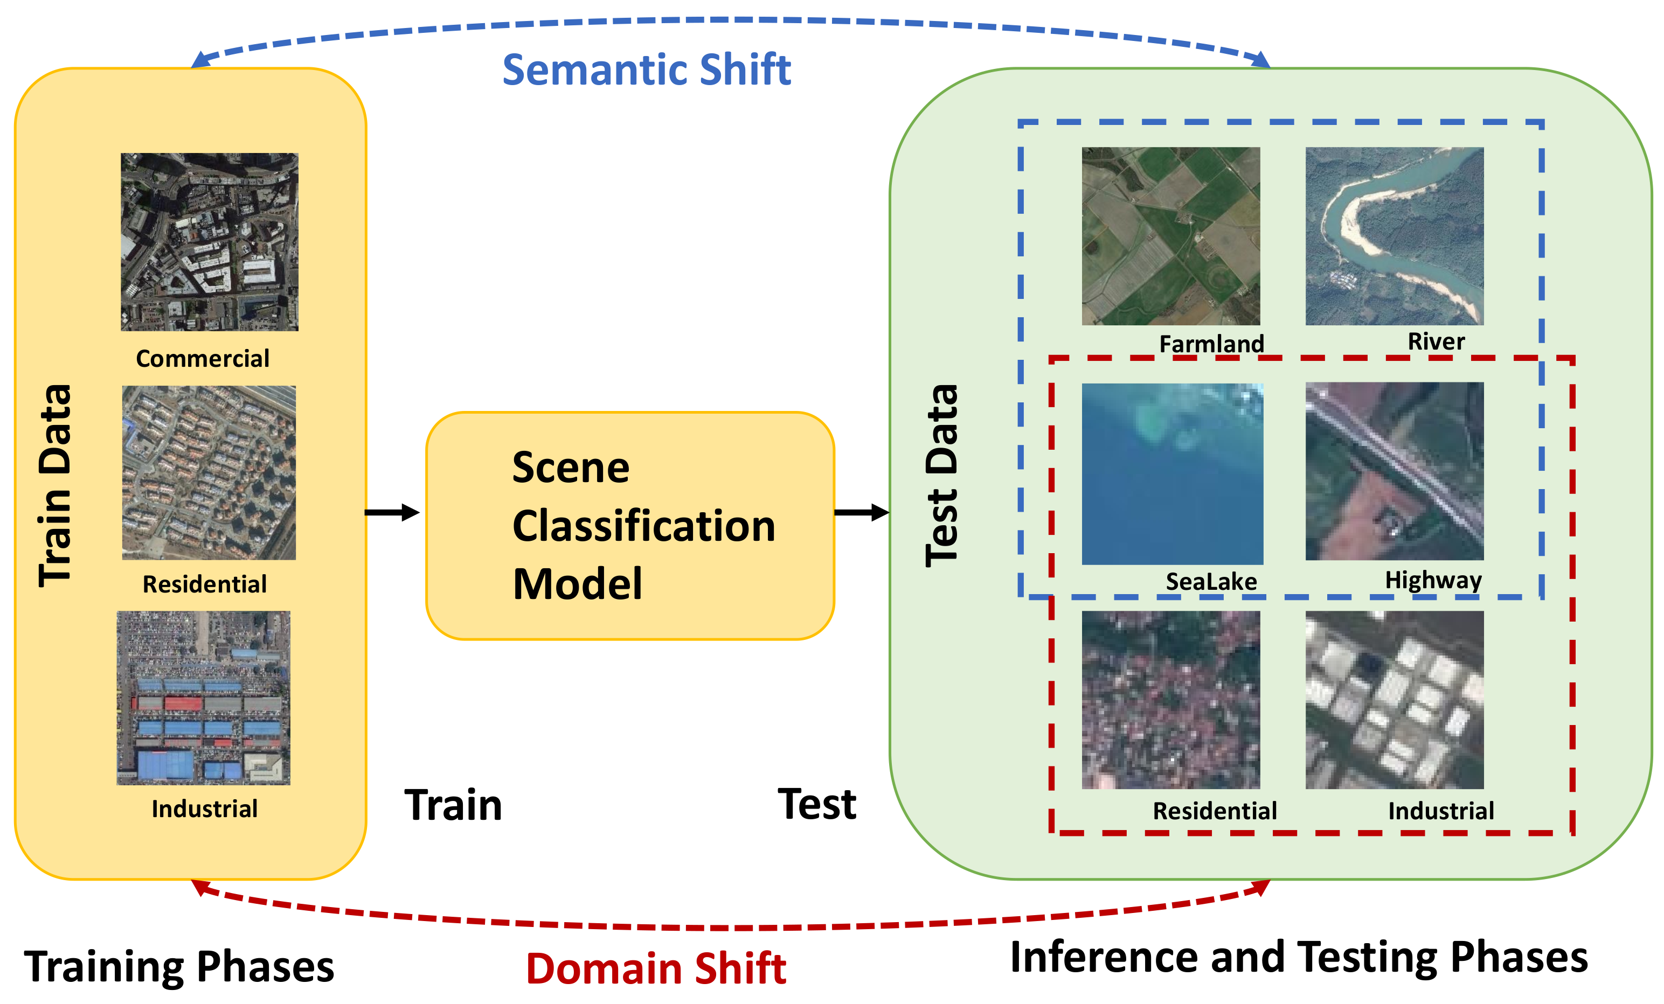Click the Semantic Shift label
tap(646, 69)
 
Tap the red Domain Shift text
tap(656, 968)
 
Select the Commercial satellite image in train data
tap(210, 242)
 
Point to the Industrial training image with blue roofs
tap(203, 698)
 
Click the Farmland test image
tap(1170, 236)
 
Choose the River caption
tap(1436, 341)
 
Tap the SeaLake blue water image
tap(1171, 474)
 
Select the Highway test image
tap(1394, 471)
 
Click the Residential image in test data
tap(1170, 700)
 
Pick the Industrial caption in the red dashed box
tap(1440, 811)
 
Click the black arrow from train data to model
tap(392, 512)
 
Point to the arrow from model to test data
tap(861, 512)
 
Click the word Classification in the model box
tap(643, 526)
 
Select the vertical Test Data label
tap(941, 476)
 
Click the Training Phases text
tap(179, 966)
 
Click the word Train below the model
tap(453, 805)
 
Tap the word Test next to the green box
tap(816, 804)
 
